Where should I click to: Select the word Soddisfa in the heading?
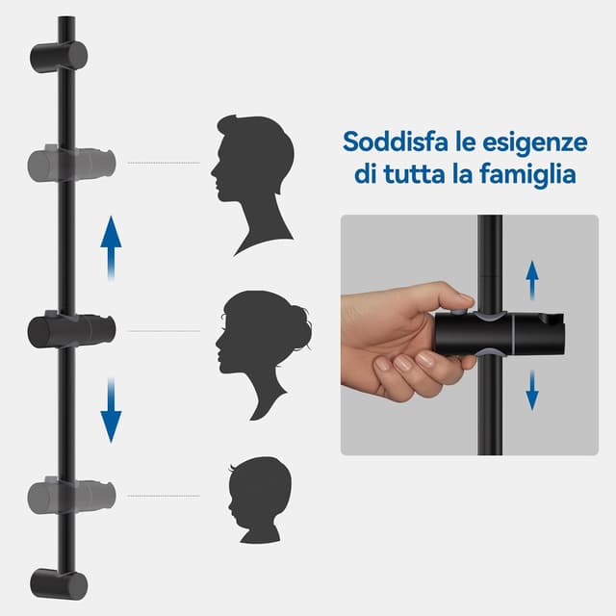point(391,143)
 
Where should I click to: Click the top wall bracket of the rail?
point(59,56)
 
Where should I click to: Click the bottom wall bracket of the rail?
point(59,581)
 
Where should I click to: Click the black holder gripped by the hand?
point(500,333)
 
